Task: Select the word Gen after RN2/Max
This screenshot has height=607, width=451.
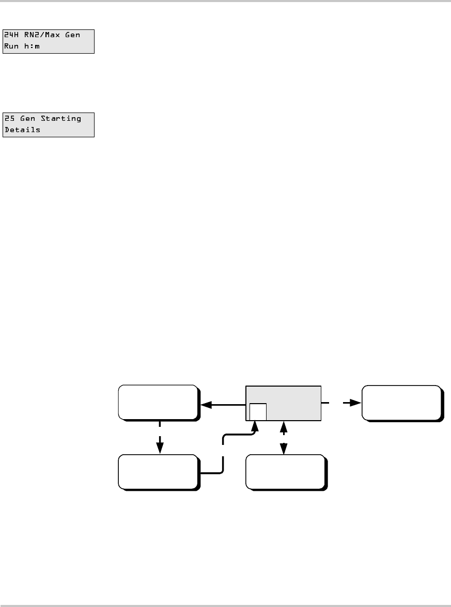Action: point(73,34)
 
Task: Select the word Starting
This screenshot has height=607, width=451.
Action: point(61,118)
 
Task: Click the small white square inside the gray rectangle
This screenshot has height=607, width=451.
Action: point(258,412)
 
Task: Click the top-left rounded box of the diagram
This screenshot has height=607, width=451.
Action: point(158,402)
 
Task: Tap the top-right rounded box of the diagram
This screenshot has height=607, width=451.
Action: point(401,402)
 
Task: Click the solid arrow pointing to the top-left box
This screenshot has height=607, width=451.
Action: point(222,406)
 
